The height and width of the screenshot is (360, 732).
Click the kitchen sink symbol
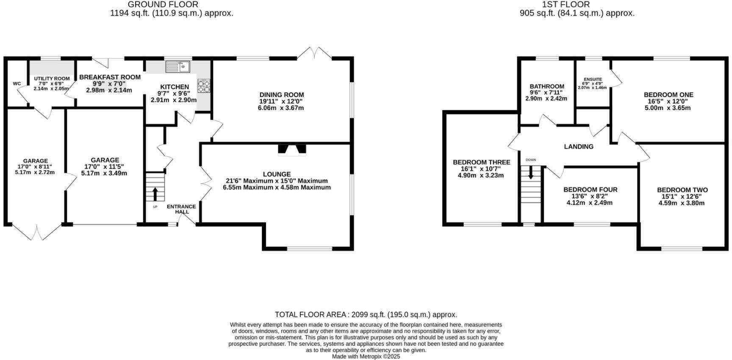(x=178, y=66)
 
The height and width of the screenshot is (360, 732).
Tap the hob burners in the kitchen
(x=204, y=86)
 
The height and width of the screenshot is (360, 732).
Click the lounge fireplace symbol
(x=292, y=149)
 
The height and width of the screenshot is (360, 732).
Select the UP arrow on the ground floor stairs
(x=155, y=194)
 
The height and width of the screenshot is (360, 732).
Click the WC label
(x=17, y=83)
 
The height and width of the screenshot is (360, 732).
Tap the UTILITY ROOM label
(x=52, y=79)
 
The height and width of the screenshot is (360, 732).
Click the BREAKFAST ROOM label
(x=110, y=77)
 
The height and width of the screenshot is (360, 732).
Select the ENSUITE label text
(x=593, y=79)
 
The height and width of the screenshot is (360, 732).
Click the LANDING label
(x=579, y=147)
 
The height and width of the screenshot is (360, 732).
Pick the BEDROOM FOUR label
(x=590, y=190)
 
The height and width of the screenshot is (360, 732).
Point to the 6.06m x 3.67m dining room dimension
(x=281, y=108)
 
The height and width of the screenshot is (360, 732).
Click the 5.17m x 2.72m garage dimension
(x=35, y=172)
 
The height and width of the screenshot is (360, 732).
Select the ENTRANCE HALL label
(x=181, y=209)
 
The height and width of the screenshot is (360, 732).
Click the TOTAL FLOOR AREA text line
(x=366, y=315)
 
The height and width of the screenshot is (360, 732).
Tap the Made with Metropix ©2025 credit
(x=366, y=357)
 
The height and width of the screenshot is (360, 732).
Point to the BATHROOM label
(x=546, y=86)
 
